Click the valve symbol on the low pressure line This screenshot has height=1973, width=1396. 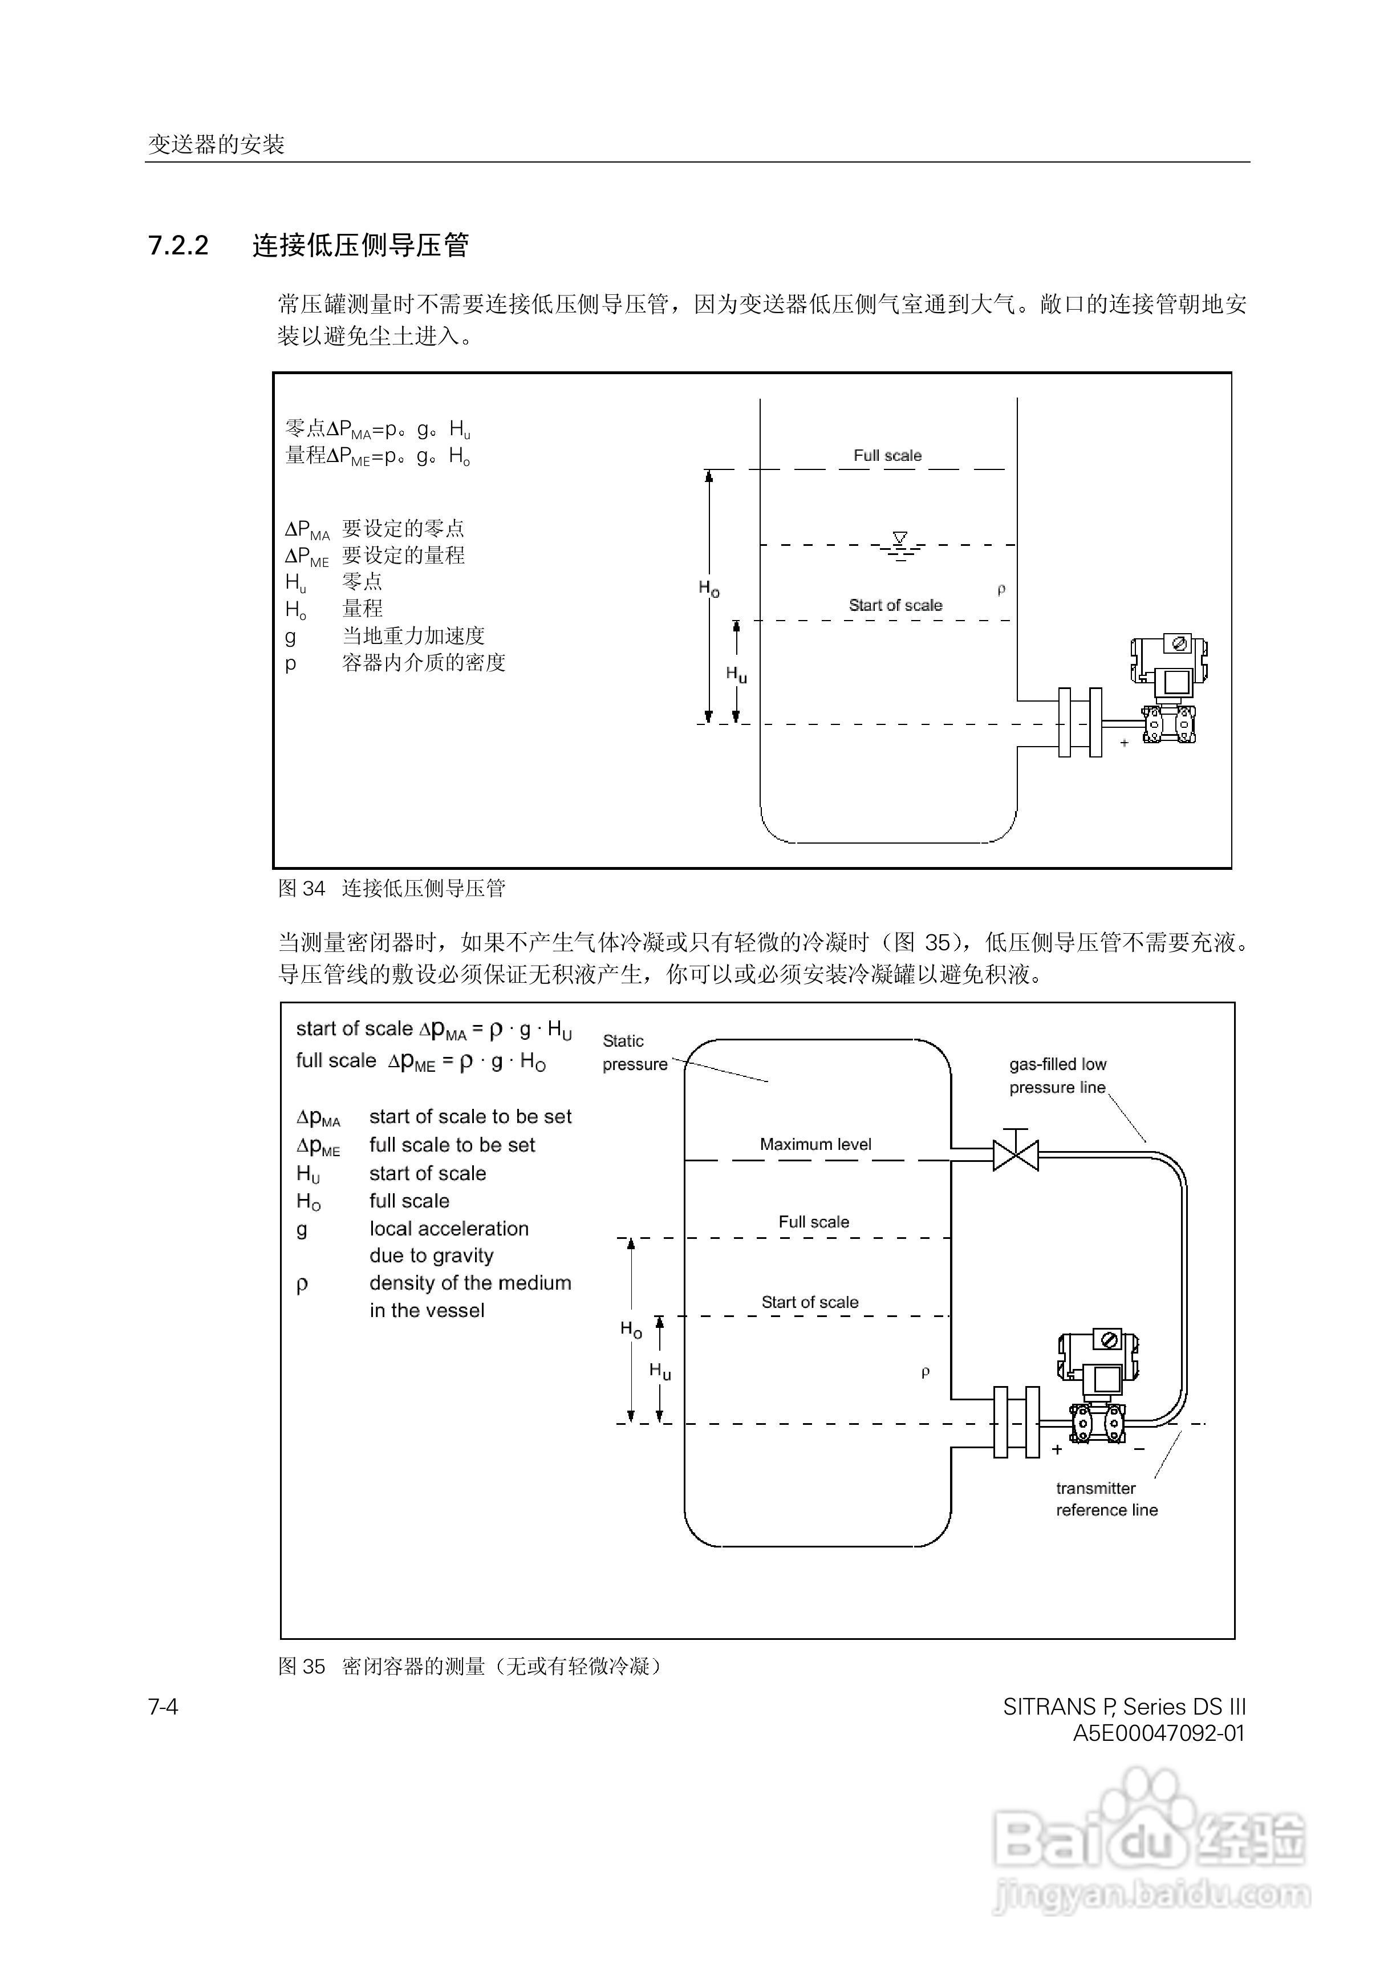tap(1015, 1154)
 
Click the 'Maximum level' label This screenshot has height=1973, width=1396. tap(815, 1144)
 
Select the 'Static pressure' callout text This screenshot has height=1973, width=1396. tap(634, 1052)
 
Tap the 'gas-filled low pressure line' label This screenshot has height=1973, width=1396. tap(1057, 1075)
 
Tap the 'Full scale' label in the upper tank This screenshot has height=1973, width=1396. tap(887, 456)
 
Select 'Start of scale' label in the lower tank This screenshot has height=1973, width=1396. tap(810, 1302)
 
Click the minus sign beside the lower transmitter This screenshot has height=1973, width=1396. tap(1139, 1449)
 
